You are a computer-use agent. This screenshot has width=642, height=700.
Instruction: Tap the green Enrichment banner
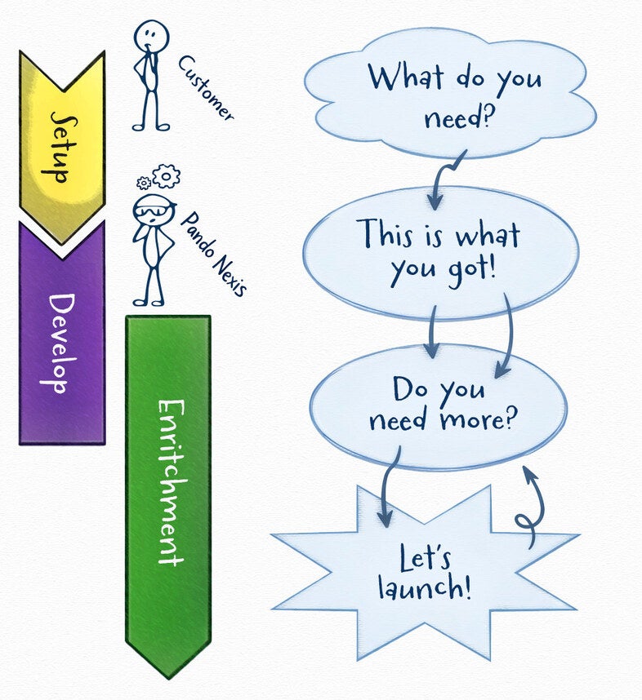point(168,490)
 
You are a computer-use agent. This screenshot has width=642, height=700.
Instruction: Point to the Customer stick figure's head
point(152,36)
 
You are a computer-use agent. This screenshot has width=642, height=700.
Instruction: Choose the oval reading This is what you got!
point(441,251)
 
